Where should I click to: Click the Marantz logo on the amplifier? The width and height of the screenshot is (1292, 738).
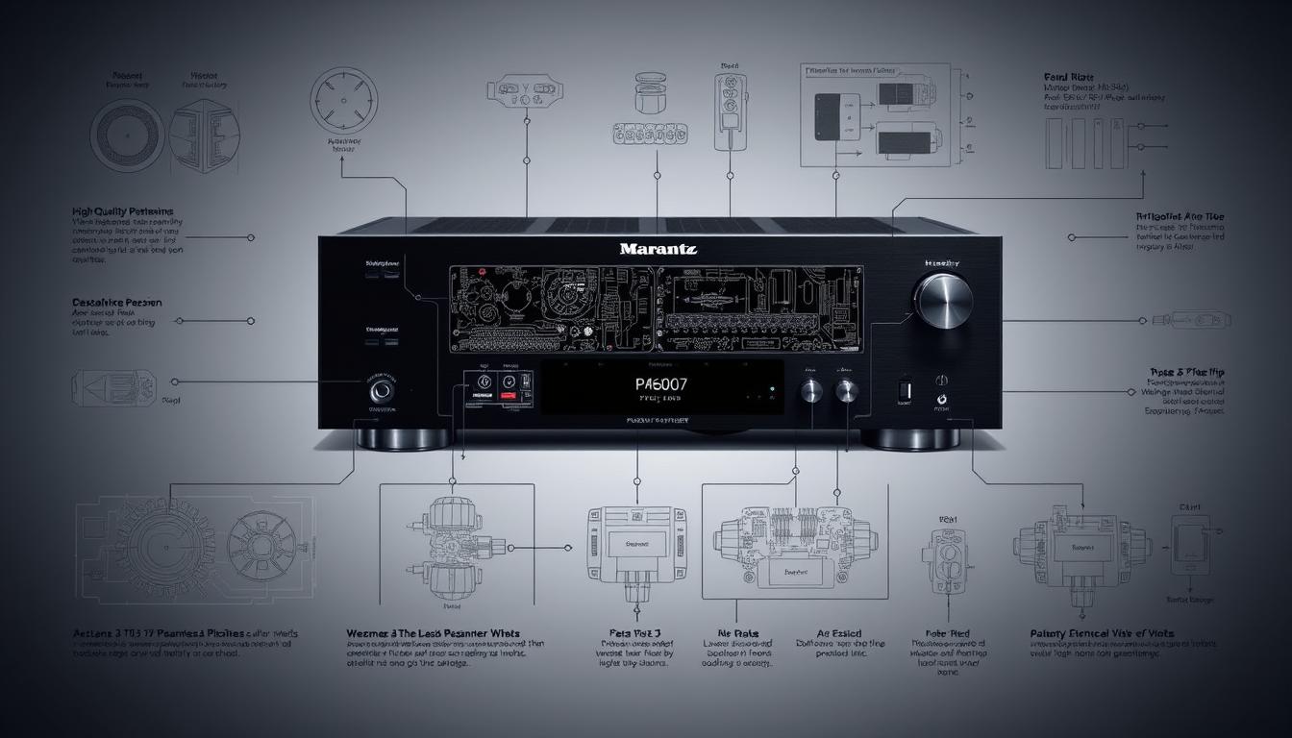click(x=658, y=249)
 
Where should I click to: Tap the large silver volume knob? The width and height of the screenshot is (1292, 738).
click(x=942, y=300)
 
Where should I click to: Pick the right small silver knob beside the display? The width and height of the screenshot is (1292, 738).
click(x=846, y=390)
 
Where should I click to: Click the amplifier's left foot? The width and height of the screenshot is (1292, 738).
click(x=404, y=439)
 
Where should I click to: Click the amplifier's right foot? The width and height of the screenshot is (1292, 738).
click(x=908, y=439)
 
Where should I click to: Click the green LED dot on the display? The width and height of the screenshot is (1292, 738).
click(x=771, y=390)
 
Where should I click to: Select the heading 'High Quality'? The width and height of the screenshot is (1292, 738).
click(x=122, y=210)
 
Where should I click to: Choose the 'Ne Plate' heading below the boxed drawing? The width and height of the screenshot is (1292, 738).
click(x=738, y=634)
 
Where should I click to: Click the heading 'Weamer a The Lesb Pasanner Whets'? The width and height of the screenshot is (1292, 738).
click(x=433, y=634)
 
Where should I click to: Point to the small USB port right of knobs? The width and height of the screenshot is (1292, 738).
click(x=903, y=390)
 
